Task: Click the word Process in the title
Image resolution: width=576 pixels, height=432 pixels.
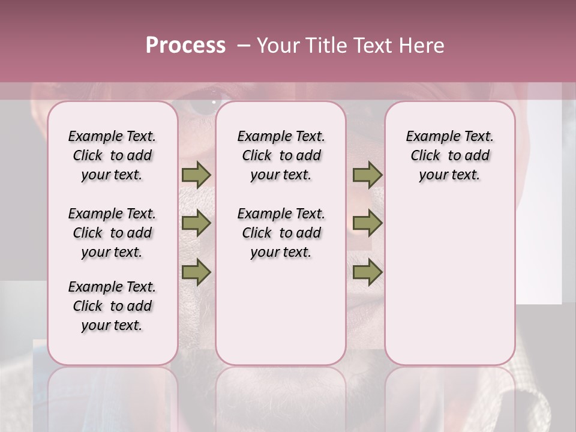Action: tap(185, 46)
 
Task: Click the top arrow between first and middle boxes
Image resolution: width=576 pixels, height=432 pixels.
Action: tap(196, 175)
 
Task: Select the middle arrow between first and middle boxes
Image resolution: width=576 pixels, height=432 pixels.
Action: tap(196, 224)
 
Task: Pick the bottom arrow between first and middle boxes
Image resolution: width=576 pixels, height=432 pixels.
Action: tap(196, 272)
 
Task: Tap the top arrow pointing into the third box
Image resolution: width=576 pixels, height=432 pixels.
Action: tap(367, 175)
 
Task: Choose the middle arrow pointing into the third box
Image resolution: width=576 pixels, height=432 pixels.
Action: tap(367, 224)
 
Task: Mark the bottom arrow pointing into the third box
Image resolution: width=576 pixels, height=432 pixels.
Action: tap(367, 272)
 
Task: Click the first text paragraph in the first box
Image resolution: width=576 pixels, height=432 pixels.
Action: tap(112, 155)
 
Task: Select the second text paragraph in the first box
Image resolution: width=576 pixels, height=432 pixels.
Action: tap(112, 233)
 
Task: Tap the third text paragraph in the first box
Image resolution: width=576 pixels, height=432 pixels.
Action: tap(112, 306)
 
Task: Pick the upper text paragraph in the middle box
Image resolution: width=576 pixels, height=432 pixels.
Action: tap(281, 155)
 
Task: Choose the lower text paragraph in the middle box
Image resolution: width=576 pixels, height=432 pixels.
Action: tap(281, 233)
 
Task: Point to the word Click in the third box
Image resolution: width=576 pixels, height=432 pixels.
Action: tap(425, 156)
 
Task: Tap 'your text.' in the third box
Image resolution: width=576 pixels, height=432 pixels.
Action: tap(449, 175)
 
